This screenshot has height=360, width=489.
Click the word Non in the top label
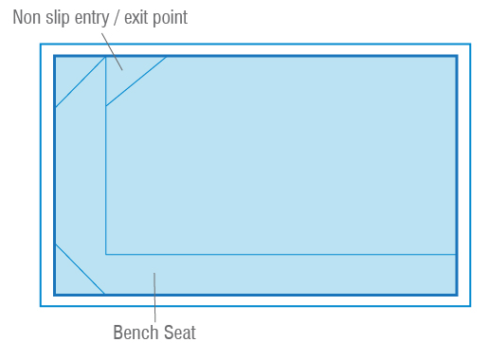(27, 17)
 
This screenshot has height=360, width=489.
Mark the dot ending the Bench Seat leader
(154, 275)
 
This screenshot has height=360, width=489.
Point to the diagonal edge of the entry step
(136, 81)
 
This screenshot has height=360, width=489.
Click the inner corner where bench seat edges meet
(106, 254)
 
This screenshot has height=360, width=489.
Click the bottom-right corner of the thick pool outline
(457, 295)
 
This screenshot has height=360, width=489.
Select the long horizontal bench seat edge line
(284, 254)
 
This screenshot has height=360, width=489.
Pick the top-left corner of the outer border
(40, 44)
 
